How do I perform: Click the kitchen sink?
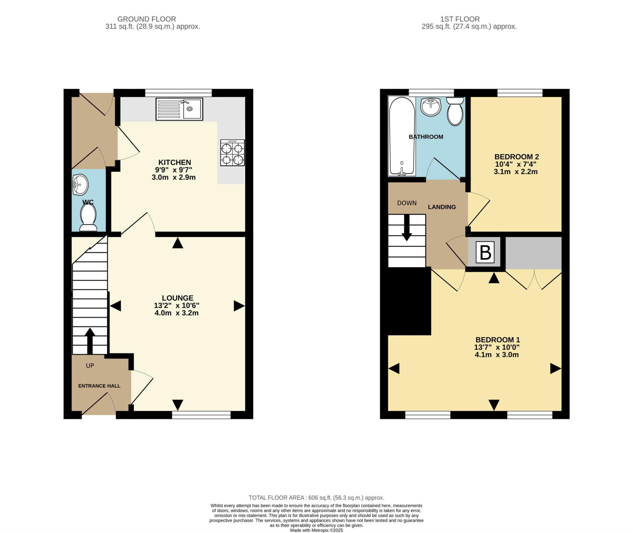[x=179, y=109]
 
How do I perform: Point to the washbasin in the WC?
[x=80, y=185]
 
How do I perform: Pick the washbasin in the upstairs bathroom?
[x=431, y=107]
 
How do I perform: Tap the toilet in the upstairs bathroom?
[x=455, y=111]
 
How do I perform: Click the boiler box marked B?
[x=485, y=252]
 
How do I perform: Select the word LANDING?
[x=442, y=207]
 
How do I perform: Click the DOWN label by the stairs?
[x=407, y=203]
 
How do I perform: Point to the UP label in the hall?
[x=90, y=366]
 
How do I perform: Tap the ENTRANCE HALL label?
[x=99, y=386]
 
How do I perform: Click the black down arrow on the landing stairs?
[x=406, y=228]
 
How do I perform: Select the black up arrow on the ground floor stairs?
[x=90, y=341]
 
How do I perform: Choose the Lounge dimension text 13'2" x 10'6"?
[x=177, y=305]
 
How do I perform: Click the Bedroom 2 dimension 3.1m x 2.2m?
[x=516, y=172]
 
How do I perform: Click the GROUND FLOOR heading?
[x=147, y=19]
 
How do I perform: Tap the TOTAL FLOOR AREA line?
[x=316, y=498]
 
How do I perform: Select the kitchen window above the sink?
[x=178, y=93]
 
